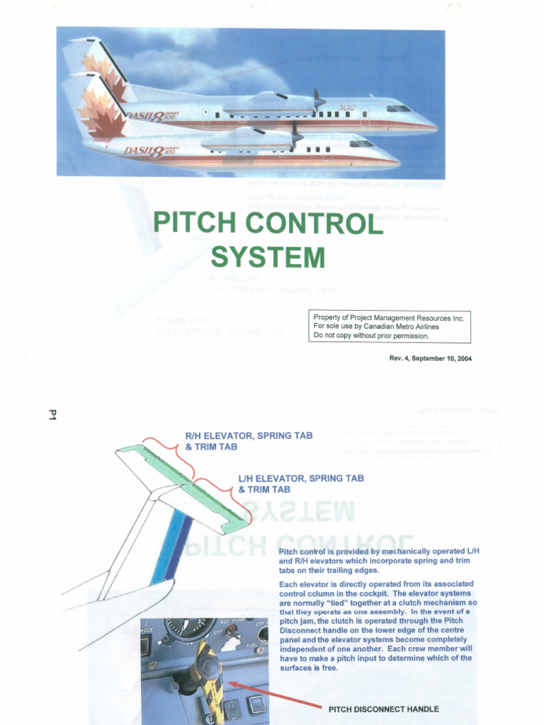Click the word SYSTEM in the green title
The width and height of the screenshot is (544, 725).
pyautogui.click(x=268, y=257)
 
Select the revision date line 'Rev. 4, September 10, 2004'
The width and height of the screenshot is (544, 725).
pyautogui.click(x=430, y=358)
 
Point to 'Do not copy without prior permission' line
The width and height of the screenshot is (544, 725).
pyautogui.click(x=371, y=336)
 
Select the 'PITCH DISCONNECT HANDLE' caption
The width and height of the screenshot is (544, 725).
pyautogui.click(x=383, y=709)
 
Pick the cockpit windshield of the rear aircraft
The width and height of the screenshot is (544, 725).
pyautogui.click(x=399, y=108)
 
